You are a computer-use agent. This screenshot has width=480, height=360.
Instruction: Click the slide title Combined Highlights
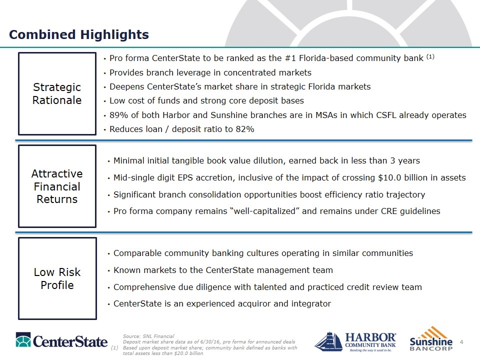pos(79,34)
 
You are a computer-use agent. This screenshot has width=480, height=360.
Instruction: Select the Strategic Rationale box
pos(57,93)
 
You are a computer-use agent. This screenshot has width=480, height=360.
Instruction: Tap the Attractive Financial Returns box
pos(57,186)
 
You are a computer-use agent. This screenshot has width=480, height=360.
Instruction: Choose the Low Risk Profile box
pos(57,278)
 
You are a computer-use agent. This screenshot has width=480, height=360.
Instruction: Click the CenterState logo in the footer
pos(61,340)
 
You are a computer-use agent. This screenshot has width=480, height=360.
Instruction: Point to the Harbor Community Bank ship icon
pos(327,341)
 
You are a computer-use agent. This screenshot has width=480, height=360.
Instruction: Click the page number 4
pos(461,342)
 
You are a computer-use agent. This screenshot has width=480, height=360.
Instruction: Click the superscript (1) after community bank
pos(430,56)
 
